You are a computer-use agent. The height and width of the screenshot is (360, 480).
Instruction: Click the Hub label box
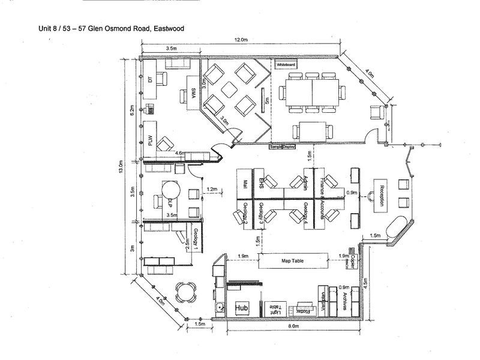coord(242,308)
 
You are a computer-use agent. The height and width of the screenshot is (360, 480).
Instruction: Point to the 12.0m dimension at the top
coord(241,40)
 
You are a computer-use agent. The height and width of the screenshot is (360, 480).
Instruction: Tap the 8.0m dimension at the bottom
coord(292,326)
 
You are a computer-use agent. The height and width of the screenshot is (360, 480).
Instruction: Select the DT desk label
coord(151,79)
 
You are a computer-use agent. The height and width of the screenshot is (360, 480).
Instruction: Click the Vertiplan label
coord(325,297)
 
